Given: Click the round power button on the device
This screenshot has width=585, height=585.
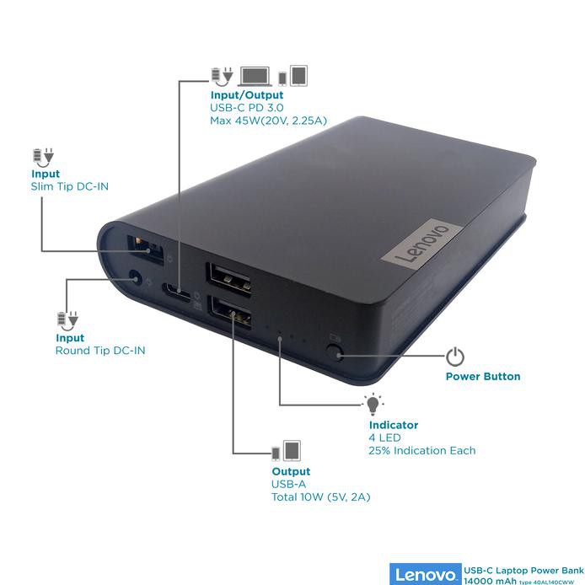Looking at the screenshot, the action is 334,352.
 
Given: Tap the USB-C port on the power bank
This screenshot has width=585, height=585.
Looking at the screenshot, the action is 175,290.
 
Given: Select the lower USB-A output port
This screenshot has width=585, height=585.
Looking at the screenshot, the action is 230,313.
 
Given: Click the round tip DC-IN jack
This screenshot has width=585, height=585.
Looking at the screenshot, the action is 135,278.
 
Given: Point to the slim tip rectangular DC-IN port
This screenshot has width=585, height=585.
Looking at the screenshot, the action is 145,250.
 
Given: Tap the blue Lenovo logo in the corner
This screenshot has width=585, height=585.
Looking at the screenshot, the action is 425,574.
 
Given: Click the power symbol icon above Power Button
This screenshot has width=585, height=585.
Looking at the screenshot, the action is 455,357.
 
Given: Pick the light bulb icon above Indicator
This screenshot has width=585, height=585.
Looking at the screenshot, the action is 373,404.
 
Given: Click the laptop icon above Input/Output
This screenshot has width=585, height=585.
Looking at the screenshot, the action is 255,77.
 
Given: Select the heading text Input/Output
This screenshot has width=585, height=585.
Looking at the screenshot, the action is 247,95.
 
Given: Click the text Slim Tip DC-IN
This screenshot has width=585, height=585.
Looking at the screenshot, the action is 70,186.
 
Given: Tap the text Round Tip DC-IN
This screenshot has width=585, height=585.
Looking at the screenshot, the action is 100,351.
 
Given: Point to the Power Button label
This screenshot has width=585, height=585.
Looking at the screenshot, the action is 483,377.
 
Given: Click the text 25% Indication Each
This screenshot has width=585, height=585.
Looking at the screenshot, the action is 422,451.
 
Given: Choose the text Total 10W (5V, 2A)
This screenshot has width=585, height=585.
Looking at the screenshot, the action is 320,497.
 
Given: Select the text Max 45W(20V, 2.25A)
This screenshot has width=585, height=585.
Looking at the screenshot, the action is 268,121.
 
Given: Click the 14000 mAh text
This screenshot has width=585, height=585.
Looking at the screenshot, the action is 490,581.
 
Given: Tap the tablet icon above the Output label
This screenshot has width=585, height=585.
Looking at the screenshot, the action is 292,450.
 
